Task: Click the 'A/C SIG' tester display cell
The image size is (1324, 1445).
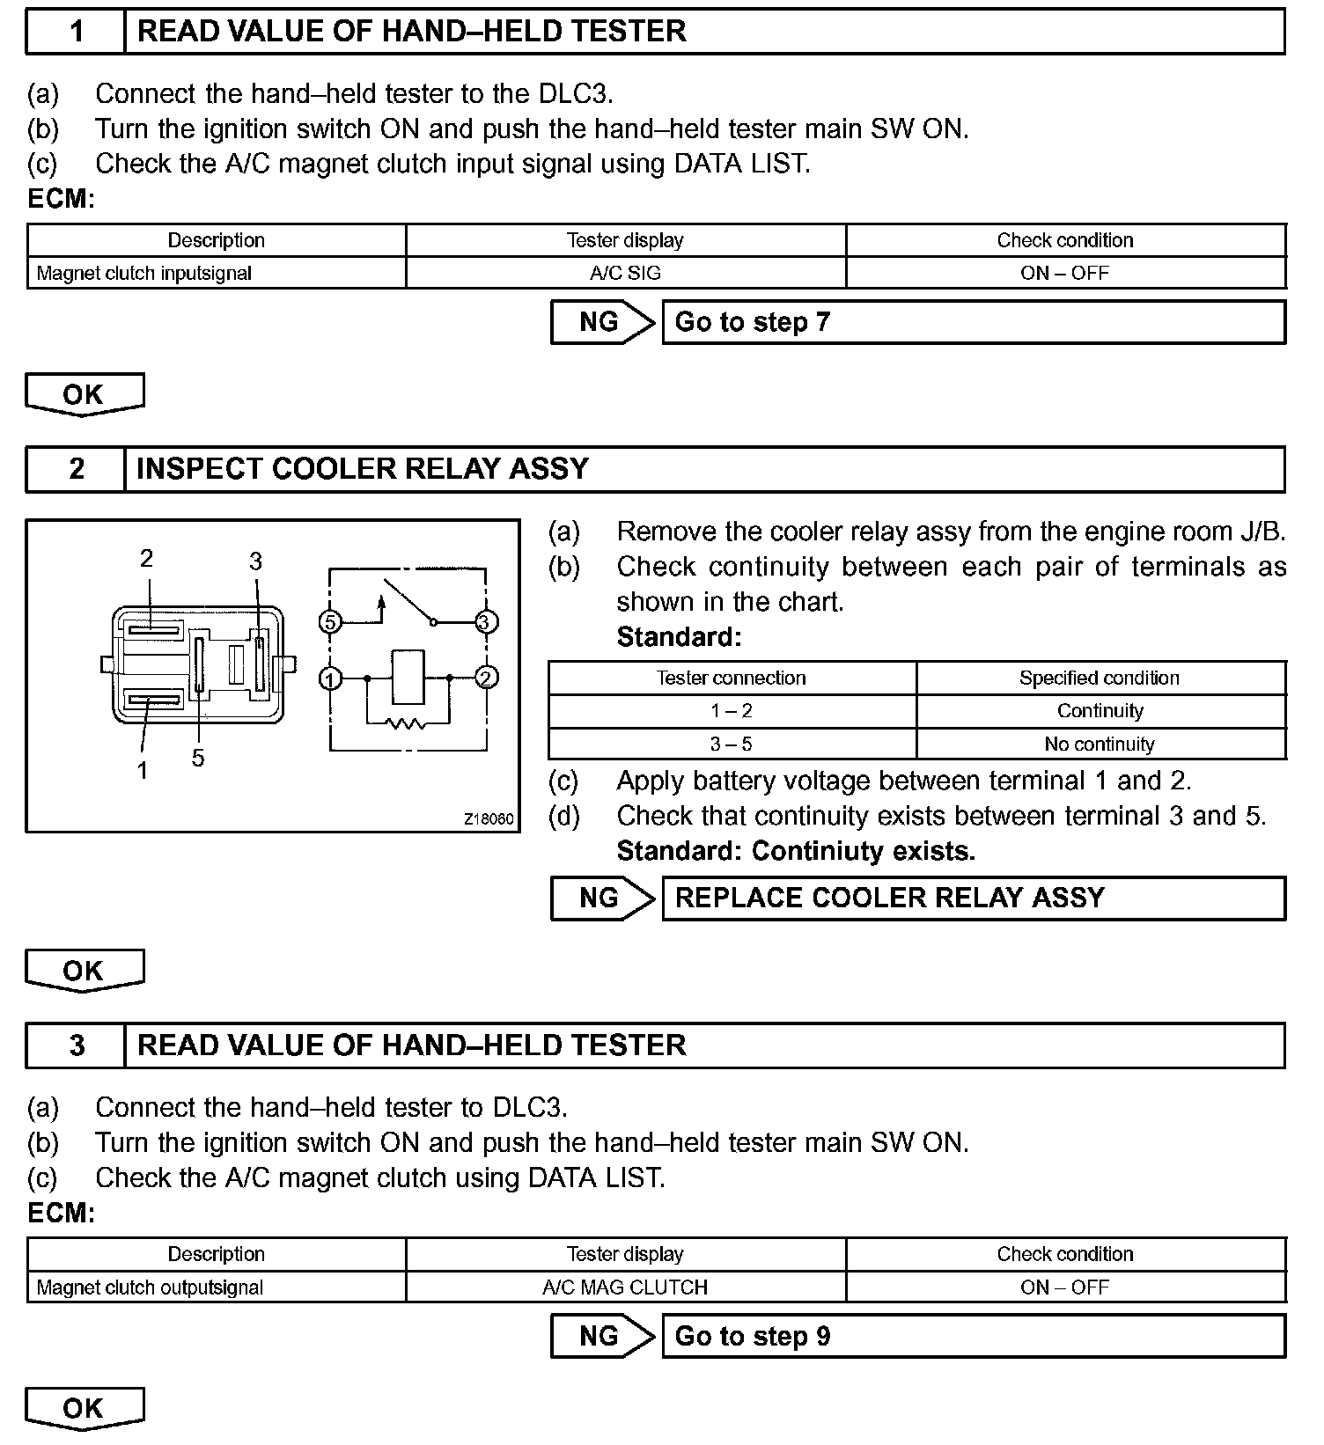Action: pos(625,273)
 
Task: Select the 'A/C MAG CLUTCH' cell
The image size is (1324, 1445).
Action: pos(625,1287)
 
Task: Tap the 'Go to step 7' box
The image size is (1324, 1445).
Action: pos(973,322)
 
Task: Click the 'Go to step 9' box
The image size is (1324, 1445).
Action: pos(973,1336)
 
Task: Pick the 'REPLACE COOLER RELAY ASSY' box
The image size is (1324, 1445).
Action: pos(973,899)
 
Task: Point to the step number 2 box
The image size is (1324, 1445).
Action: pos(76,469)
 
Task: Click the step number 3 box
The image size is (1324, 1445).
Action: pos(76,1045)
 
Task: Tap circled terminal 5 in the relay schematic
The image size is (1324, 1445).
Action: pos(330,623)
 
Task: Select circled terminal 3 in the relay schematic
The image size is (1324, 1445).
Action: pos(486,623)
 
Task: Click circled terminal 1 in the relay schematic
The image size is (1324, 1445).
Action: pos(330,678)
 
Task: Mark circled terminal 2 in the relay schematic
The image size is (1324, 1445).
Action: pos(486,678)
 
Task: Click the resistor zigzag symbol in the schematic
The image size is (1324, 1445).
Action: pos(406,724)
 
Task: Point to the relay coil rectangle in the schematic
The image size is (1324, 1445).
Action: pos(408,677)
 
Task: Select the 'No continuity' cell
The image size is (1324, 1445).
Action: pos(1100,745)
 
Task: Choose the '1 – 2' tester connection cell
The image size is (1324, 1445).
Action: pos(732,711)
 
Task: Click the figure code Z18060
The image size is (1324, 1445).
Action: pos(489,819)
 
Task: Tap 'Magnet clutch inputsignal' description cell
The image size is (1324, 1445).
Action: pos(144,274)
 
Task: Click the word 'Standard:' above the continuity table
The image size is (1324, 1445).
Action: pos(679,636)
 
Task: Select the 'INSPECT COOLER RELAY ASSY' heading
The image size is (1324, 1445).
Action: pos(363,469)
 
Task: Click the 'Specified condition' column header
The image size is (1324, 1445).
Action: pos(1100,678)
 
